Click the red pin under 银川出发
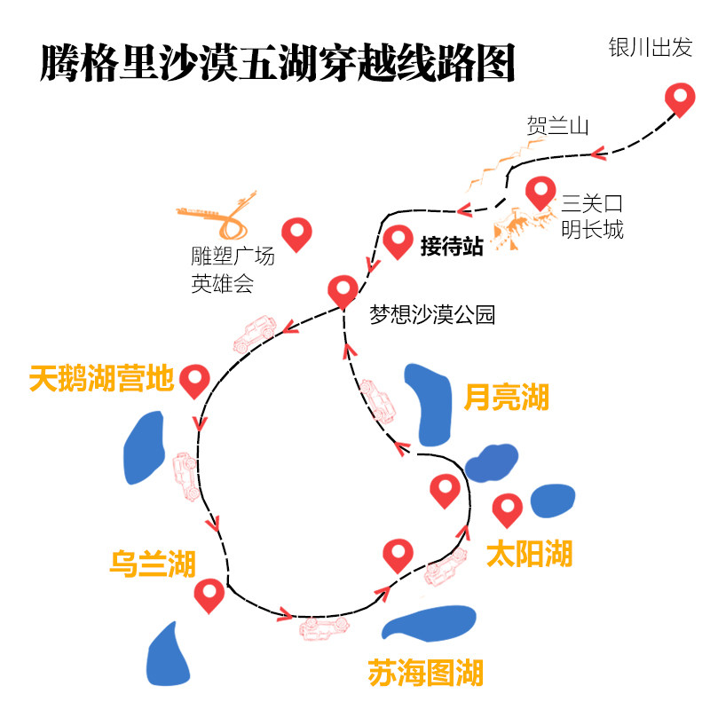(681, 98)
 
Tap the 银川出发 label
(650, 48)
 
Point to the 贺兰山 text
(557, 125)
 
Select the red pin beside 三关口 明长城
(540, 191)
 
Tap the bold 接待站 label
(452, 247)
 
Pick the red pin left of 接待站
(398, 241)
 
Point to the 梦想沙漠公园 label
(432, 314)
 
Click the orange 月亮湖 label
(507, 397)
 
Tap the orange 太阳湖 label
(530, 554)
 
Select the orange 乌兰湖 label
(153, 563)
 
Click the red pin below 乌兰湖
(209, 594)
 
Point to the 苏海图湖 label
(426, 672)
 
